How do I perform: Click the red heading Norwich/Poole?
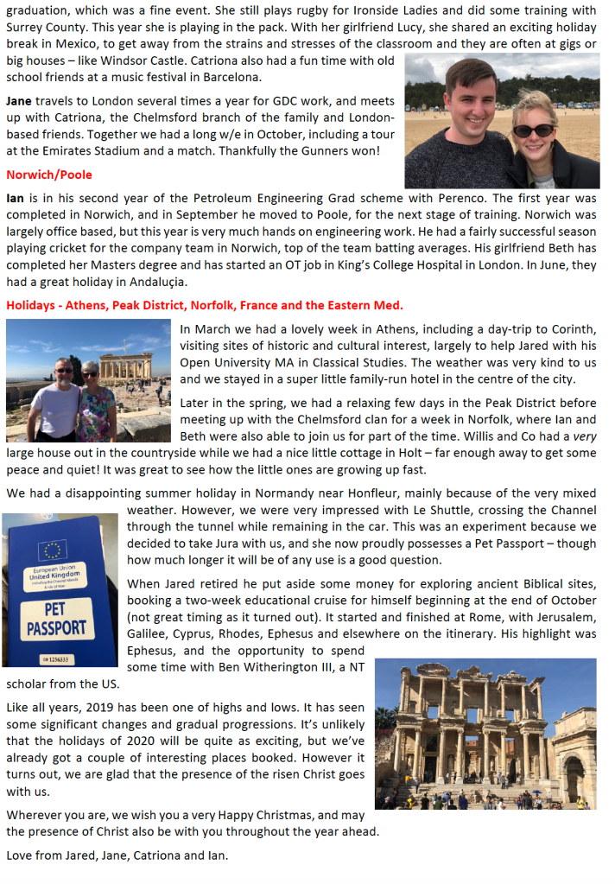click(48, 175)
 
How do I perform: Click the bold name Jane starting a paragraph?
click(19, 101)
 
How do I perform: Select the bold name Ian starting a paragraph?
click(15, 198)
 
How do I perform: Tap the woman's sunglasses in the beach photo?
click(534, 130)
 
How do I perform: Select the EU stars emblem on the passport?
click(52, 550)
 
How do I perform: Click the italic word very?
click(586, 436)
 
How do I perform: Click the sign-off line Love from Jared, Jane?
click(117, 855)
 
